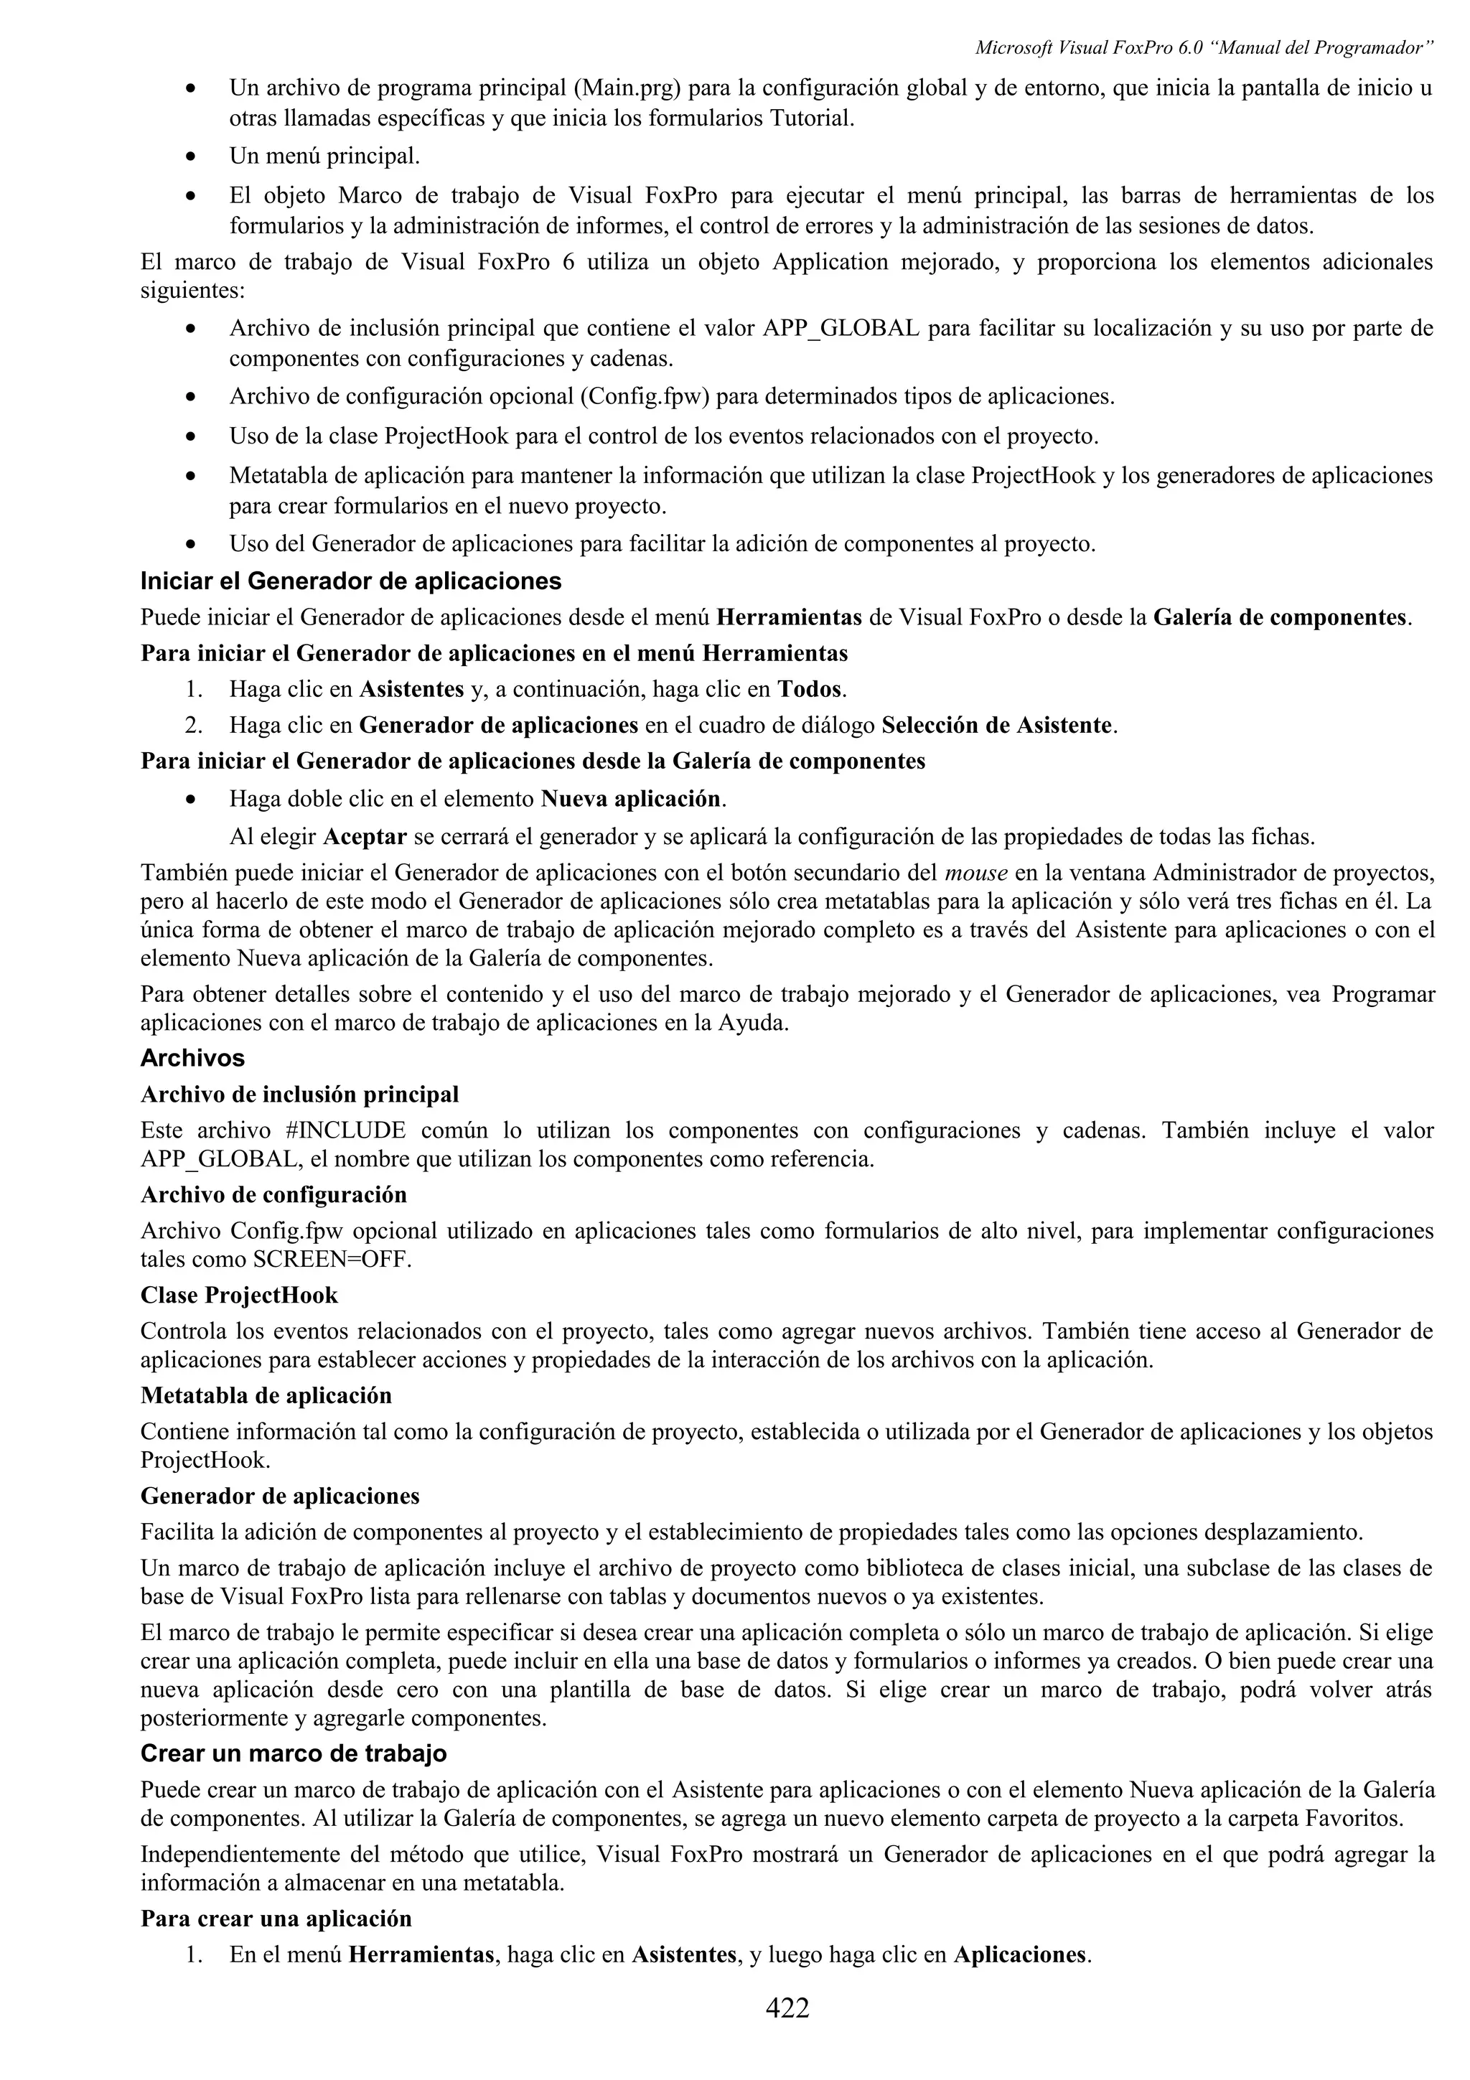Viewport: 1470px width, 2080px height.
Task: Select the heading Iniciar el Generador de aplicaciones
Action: click(x=350, y=581)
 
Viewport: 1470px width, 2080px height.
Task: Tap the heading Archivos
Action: click(x=192, y=1058)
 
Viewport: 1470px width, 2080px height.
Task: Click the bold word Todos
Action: click(x=810, y=690)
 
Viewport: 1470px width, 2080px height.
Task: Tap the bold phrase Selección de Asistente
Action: click(x=996, y=726)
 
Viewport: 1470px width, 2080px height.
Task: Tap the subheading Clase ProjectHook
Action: click(x=239, y=1296)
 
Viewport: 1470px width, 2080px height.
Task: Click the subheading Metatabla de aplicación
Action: click(x=266, y=1395)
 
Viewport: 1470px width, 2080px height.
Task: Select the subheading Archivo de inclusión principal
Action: click(x=299, y=1095)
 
